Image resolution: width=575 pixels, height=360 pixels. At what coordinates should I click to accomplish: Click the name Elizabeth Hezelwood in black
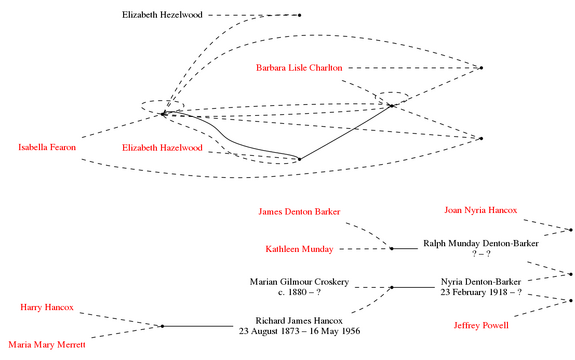coord(162,15)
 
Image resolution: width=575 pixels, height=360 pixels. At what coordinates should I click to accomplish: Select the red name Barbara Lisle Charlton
coord(299,68)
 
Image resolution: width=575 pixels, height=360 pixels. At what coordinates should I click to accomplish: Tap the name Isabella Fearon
coord(47,147)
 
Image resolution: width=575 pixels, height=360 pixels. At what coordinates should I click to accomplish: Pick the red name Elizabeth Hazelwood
coord(162,148)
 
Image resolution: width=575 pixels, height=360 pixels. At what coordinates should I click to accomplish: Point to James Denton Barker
coord(299,212)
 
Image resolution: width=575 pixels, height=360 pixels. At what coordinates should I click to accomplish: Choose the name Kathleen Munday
coord(299,249)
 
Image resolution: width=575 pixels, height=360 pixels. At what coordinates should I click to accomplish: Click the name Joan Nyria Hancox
coord(480,210)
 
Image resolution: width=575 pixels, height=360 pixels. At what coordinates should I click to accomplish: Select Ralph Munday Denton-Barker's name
coord(481,243)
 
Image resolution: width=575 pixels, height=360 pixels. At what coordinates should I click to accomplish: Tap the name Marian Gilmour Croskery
coord(299,282)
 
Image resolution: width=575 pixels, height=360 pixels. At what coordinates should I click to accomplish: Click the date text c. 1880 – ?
coord(299,292)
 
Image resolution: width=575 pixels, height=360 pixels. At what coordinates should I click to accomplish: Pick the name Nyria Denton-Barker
coord(481,282)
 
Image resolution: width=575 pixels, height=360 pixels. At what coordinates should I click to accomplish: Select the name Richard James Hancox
coord(299,321)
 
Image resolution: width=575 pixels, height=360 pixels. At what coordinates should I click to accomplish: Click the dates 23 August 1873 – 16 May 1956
coord(299,331)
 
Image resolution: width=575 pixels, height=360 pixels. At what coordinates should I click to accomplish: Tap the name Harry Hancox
coord(47,307)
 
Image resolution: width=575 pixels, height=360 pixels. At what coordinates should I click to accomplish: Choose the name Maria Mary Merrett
coord(47,345)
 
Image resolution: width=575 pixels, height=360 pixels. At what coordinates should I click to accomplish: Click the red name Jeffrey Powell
coord(481,326)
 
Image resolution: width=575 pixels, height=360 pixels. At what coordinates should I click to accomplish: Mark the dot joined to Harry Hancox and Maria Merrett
coord(162,326)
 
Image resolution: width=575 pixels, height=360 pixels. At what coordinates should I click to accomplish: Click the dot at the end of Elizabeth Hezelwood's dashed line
coord(300,15)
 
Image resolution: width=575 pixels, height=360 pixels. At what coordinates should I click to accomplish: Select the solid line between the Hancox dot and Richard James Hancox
coord(198,326)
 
